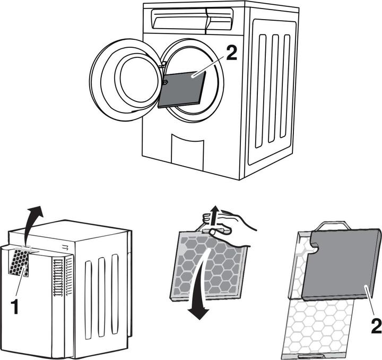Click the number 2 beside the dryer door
click(x=231, y=54)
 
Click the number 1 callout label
click(x=15, y=306)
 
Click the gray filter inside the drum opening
click(x=182, y=89)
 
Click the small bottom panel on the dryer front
click(x=187, y=152)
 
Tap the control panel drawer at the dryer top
click(x=192, y=19)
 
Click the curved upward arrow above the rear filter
click(x=32, y=224)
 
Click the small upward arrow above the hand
click(x=214, y=215)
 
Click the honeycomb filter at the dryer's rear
click(x=19, y=262)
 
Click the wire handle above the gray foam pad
click(x=333, y=226)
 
